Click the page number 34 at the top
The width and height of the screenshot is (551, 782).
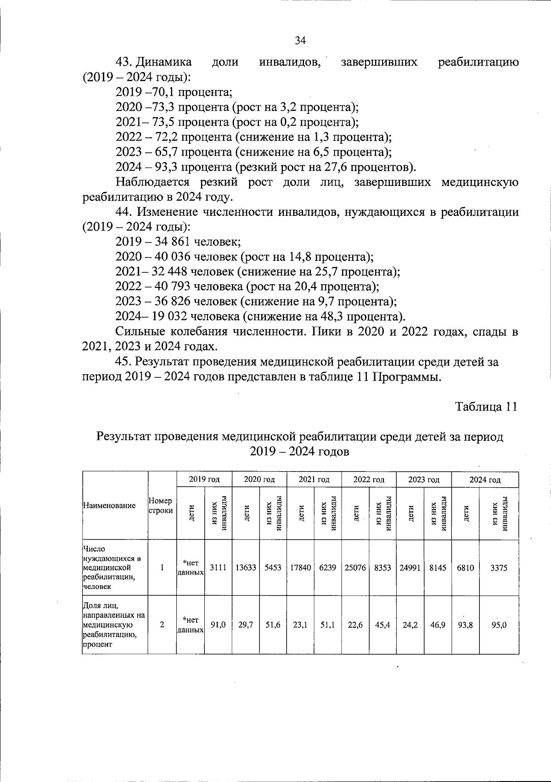pyautogui.click(x=300, y=40)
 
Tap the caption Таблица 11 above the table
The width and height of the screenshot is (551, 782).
pyautogui.click(x=486, y=407)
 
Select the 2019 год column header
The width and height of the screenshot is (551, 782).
pyautogui.click(x=204, y=479)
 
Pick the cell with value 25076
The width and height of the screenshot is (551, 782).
pyautogui.click(x=355, y=568)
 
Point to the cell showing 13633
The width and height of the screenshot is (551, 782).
pyautogui.click(x=246, y=568)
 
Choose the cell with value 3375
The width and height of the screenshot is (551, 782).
pyautogui.click(x=499, y=568)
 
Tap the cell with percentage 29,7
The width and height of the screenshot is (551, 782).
pyautogui.click(x=246, y=625)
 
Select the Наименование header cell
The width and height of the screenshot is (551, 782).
pyautogui.click(x=109, y=506)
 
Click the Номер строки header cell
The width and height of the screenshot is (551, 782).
pyautogui.click(x=161, y=506)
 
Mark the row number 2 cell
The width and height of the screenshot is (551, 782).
pyautogui.click(x=162, y=625)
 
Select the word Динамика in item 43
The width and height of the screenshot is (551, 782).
pyautogui.click(x=165, y=62)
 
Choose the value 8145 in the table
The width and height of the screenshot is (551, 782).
pyautogui.click(x=437, y=568)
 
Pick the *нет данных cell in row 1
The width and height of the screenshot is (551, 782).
pyautogui.click(x=191, y=568)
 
